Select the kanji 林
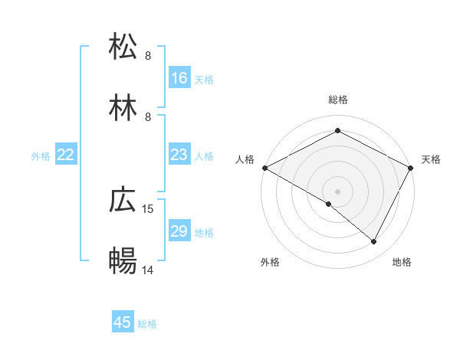[x=123, y=108]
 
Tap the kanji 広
[x=123, y=201]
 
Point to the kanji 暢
[x=123, y=262]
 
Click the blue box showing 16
[x=179, y=78]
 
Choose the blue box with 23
[x=179, y=155]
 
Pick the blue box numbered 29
[x=179, y=231]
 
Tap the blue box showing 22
[x=66, y=155]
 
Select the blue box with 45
[x=123, y=322]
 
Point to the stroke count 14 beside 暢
[x=148, y=270]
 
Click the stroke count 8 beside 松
[x=148, y=55]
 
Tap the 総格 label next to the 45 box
[x=147, y=324]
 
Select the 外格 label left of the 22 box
[x=41, y=156]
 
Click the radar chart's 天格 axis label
[x=431, y=159]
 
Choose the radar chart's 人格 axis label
[x=245, y=159]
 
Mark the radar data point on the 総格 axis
[x=337, y=131]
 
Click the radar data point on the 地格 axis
[x=374, y=241]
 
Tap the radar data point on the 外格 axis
[x=329, y=204]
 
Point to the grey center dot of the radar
[x=337, y=191]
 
